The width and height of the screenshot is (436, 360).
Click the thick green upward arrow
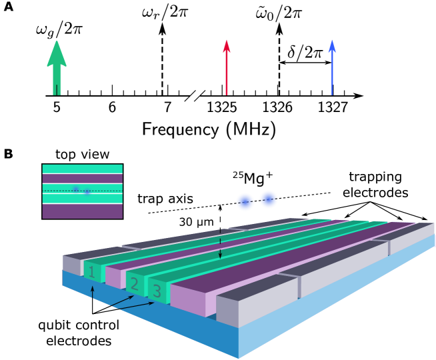pyautogui.click(x=57, y=67)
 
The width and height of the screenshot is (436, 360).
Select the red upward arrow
pyautogui.click(x=227, y=67)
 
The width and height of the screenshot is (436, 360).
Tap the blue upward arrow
pyautogui.click(x=331, y=67)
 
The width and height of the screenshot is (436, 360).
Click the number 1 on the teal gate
pyautogui.click(x=92, y=272)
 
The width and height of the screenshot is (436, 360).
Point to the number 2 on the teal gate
pyautogui.click(x=134, y=284)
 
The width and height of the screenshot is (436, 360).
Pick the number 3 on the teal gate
pyautogui.click(x=157, y=291)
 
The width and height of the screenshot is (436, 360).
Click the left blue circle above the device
pyautogui.click(x=245, y=202)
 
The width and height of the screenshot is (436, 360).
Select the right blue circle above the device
pyautogui.click(x=269, y=199)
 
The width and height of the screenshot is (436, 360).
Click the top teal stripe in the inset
pyautogui.click(x=83, y=169)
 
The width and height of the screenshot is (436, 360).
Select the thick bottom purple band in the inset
pyautogui.click(x=83, y=211)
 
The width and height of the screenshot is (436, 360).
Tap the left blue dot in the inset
pyautogui.click(x=75, y=189)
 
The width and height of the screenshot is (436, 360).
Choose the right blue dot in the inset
pyautogui.click(x=87, y=192)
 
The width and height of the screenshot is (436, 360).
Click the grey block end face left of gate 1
pyautogui.click(x=71, y=265)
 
